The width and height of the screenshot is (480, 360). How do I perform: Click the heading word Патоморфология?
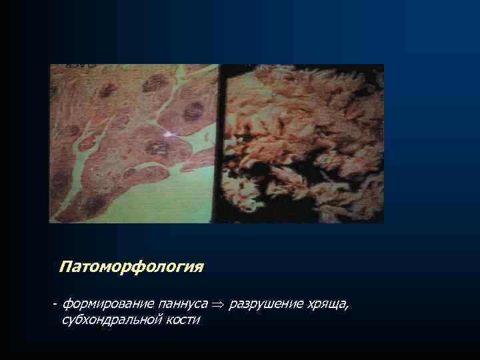coord(131,267)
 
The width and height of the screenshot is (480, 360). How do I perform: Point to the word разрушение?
coord(265,305)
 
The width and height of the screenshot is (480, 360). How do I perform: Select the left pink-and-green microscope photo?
coord(134,143)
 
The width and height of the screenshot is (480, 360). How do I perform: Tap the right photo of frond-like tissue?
coord(303,143)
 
